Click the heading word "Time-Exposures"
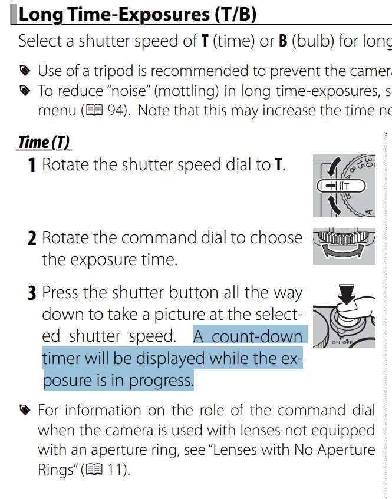(139, 15)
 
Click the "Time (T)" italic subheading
(44, 142)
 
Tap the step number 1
(31, 165)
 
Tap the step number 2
(32, 239)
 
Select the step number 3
(32, 293)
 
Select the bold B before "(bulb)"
(283, 41)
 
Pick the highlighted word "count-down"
(257, 337)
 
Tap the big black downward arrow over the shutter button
(347, 294)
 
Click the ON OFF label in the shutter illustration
(342, 342)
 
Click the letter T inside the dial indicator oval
(347, 186)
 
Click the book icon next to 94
(94, 110)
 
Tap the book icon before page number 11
(94, 469)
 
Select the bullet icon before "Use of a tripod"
(25, 71)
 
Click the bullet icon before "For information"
(25, 409)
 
